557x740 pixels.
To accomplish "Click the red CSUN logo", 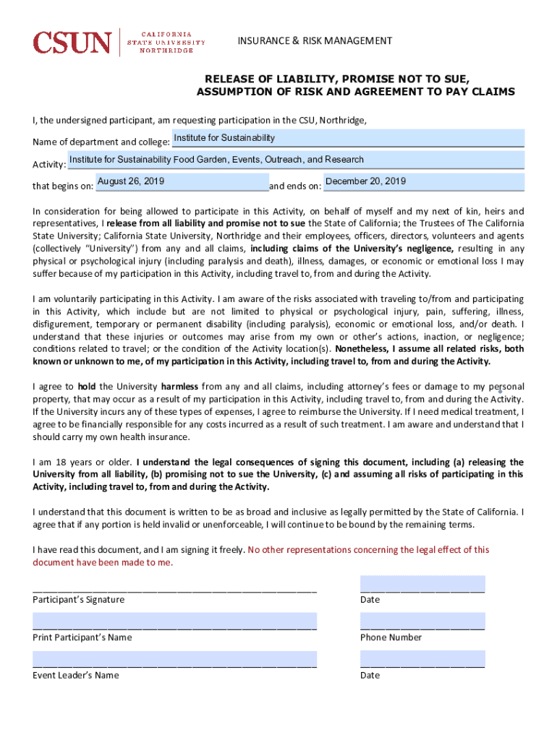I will [72, 43].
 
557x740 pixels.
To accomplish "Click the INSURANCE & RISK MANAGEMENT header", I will [315, 40].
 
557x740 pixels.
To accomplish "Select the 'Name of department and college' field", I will [347, 138].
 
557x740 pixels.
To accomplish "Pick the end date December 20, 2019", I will [423, 181].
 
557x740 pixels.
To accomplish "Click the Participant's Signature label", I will [78, 600].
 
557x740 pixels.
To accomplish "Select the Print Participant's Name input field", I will [174, 621].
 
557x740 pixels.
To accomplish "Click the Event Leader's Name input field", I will [174, 658].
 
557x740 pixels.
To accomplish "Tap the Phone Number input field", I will [422, 621].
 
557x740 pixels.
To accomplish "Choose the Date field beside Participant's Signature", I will [422, 584].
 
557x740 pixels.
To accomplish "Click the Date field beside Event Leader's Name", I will [422, 658].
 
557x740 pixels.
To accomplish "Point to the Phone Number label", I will [391, 637].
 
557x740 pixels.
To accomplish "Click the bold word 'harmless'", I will [180, 387].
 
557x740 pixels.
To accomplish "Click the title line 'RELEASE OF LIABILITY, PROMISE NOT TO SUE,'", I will [337, 78].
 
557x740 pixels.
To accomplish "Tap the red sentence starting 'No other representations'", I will [368, 550].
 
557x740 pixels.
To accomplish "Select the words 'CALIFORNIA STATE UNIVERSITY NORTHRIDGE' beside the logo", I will [166, 43].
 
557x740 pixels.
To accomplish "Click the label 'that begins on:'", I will [63, 186].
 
